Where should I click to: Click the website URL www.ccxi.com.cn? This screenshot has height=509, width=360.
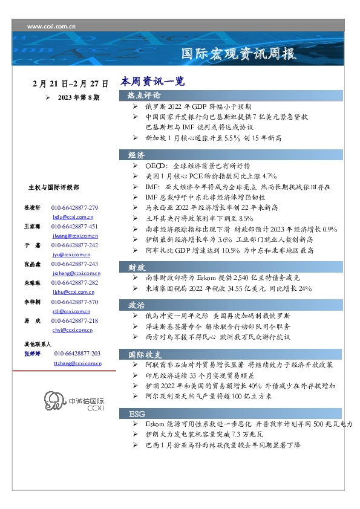tap(51, 26)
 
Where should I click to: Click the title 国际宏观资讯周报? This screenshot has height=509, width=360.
tap(239, 54)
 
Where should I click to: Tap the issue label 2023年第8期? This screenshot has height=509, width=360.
tap(79, 97)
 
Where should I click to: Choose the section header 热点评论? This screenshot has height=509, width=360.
tap(144, 96)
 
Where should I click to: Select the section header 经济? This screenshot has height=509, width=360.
tap(137, 155)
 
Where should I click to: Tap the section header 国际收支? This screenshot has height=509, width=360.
tap(144, 354)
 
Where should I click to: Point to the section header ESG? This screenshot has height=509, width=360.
tap(137, 413)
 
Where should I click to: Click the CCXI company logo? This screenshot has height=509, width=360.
tap(74, 402)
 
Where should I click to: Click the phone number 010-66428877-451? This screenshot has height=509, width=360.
tap(74, 226)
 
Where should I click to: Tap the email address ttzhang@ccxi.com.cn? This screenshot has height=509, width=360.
tap(77, 363)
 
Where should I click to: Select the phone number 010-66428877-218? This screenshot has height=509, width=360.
tap(74, 321)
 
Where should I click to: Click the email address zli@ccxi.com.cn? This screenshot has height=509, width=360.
tap(71, 311)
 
